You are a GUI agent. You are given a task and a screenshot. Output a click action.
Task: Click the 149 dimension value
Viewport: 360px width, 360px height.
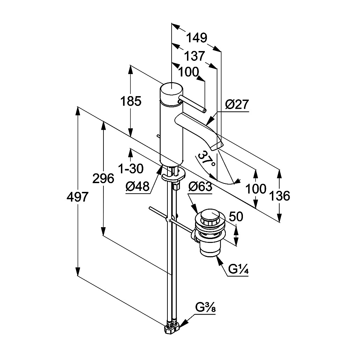point(196,38)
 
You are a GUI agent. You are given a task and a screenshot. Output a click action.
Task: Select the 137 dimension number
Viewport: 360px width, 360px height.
point(194,56)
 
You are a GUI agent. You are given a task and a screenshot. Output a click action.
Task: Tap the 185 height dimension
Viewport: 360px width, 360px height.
point(131,101)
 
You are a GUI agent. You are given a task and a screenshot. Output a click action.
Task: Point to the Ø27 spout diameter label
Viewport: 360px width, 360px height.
point(237,105)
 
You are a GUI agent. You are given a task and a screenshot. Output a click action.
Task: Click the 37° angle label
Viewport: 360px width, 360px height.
point(207,159)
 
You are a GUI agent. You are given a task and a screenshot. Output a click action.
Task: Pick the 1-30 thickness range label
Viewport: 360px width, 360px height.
point(131,169)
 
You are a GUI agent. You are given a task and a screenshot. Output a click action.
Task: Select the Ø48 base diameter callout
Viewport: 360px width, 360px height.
point(137,186)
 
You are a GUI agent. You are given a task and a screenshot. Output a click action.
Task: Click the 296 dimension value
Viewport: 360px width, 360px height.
point(103,178)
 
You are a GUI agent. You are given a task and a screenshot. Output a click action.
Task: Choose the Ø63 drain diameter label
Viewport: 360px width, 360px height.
point(200,187)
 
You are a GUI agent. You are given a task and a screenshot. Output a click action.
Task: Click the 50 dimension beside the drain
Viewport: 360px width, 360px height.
point(236,216)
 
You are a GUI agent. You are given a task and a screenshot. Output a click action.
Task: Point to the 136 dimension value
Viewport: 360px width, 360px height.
point(279,196)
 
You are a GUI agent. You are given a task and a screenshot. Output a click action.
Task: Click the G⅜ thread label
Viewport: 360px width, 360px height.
point(206,308)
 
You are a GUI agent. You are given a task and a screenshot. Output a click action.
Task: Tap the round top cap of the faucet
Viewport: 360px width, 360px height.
point(172,91)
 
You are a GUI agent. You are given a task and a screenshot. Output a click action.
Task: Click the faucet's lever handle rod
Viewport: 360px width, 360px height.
point(192,105)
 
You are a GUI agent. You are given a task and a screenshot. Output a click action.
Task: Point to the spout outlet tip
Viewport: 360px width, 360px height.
point(217,146)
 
